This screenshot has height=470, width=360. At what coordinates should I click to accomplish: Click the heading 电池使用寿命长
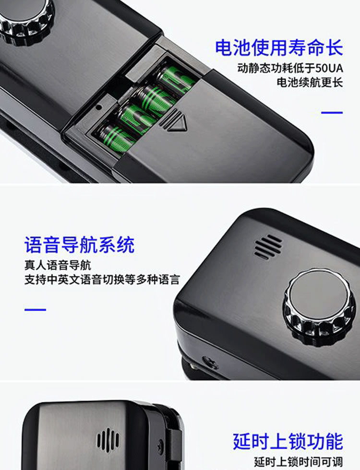point(279,48)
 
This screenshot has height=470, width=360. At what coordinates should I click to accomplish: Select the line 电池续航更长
point(310,82)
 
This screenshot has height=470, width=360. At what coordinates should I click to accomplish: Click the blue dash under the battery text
point(332,113)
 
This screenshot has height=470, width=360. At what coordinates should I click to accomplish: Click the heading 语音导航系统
point(79,245)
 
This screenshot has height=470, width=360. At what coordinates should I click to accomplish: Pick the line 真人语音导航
point(58,265)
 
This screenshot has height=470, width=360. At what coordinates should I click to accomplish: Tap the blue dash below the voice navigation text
point(35,309)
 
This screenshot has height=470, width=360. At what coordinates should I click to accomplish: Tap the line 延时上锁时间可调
point(299,462)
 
